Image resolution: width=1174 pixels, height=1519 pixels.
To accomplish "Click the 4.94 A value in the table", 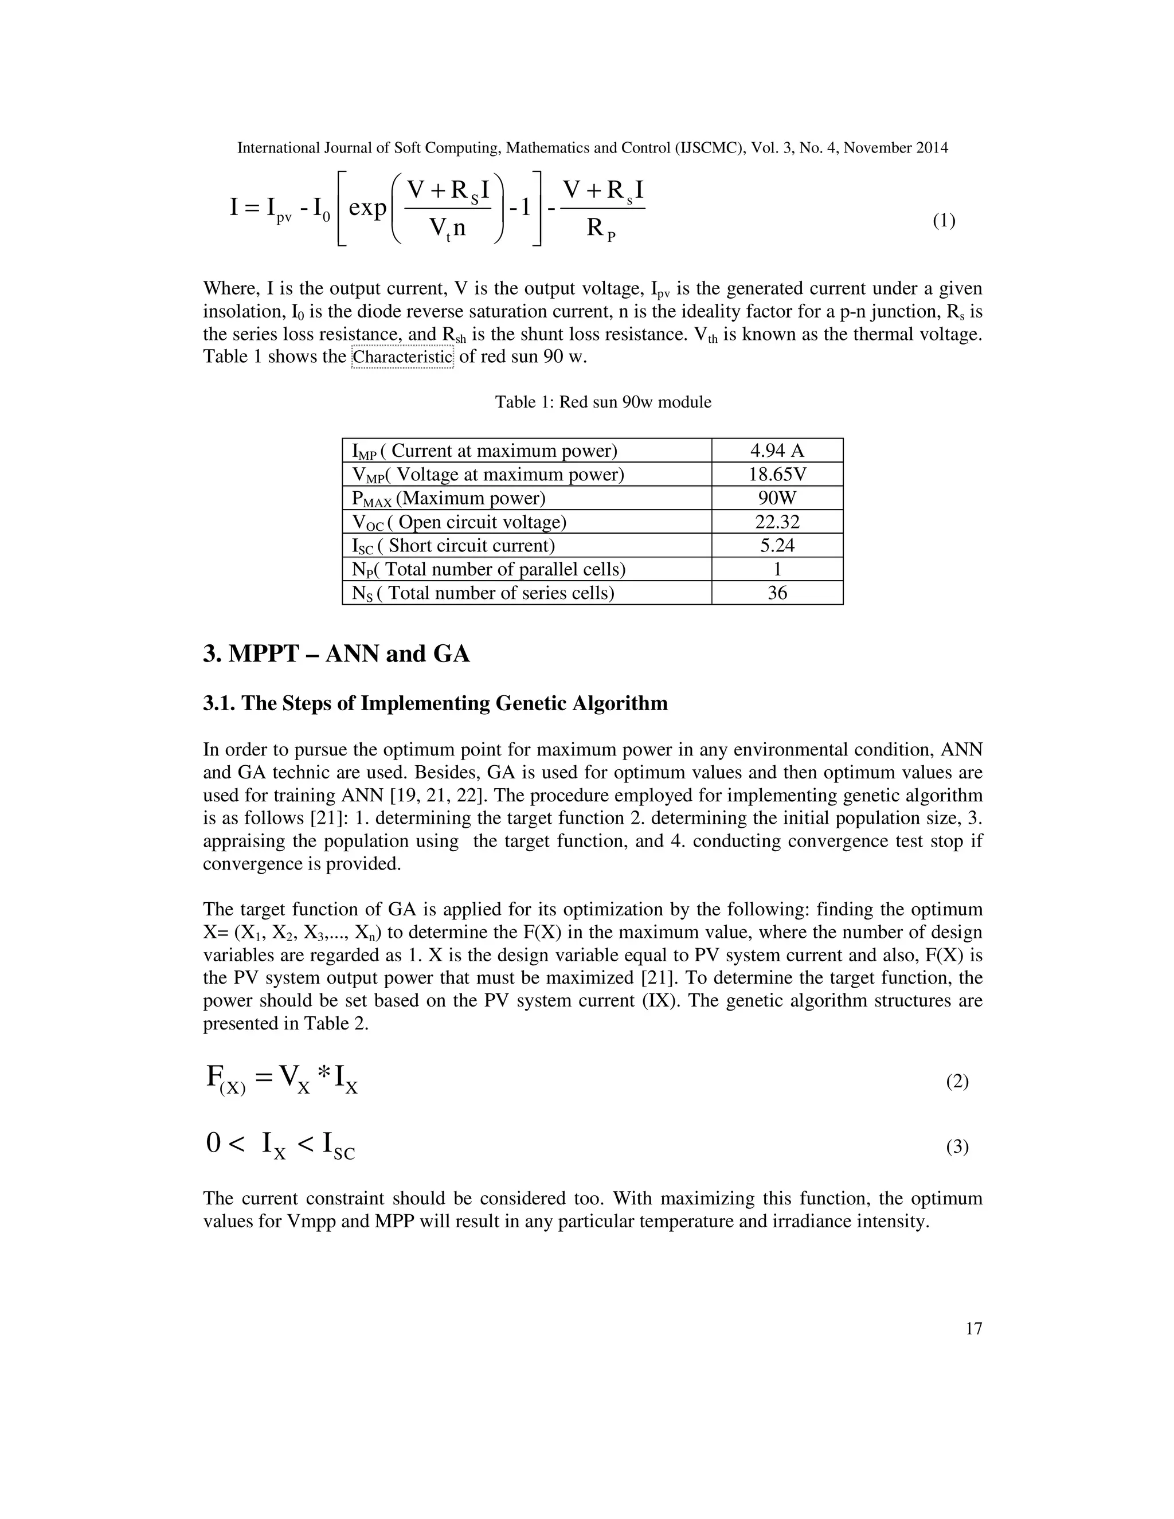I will tap(777, 451).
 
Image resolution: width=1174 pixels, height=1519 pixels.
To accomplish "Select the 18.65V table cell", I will tap(777, 475).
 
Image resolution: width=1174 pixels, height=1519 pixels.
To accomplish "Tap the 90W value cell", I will tap(777, 498).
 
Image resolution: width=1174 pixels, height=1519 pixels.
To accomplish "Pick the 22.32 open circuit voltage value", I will tap(777, 522).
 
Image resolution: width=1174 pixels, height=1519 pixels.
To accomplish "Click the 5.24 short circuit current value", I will tap(777, 545).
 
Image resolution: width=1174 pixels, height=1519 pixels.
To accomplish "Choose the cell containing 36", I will tap(777, 593).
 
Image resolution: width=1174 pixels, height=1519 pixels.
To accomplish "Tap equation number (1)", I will tap(944, 221).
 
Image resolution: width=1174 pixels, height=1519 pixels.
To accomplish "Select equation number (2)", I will tap(957, 1081).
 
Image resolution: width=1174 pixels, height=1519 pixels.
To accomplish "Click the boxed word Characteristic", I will tap(402, 357).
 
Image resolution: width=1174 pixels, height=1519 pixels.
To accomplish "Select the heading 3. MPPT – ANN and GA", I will tap(336, 654).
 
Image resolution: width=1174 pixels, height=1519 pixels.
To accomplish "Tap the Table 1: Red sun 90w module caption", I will tap(603, 402).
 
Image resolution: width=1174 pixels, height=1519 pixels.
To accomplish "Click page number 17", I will tap(974, 1329).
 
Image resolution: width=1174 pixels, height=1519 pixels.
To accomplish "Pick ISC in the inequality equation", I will tap(338, 1145).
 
